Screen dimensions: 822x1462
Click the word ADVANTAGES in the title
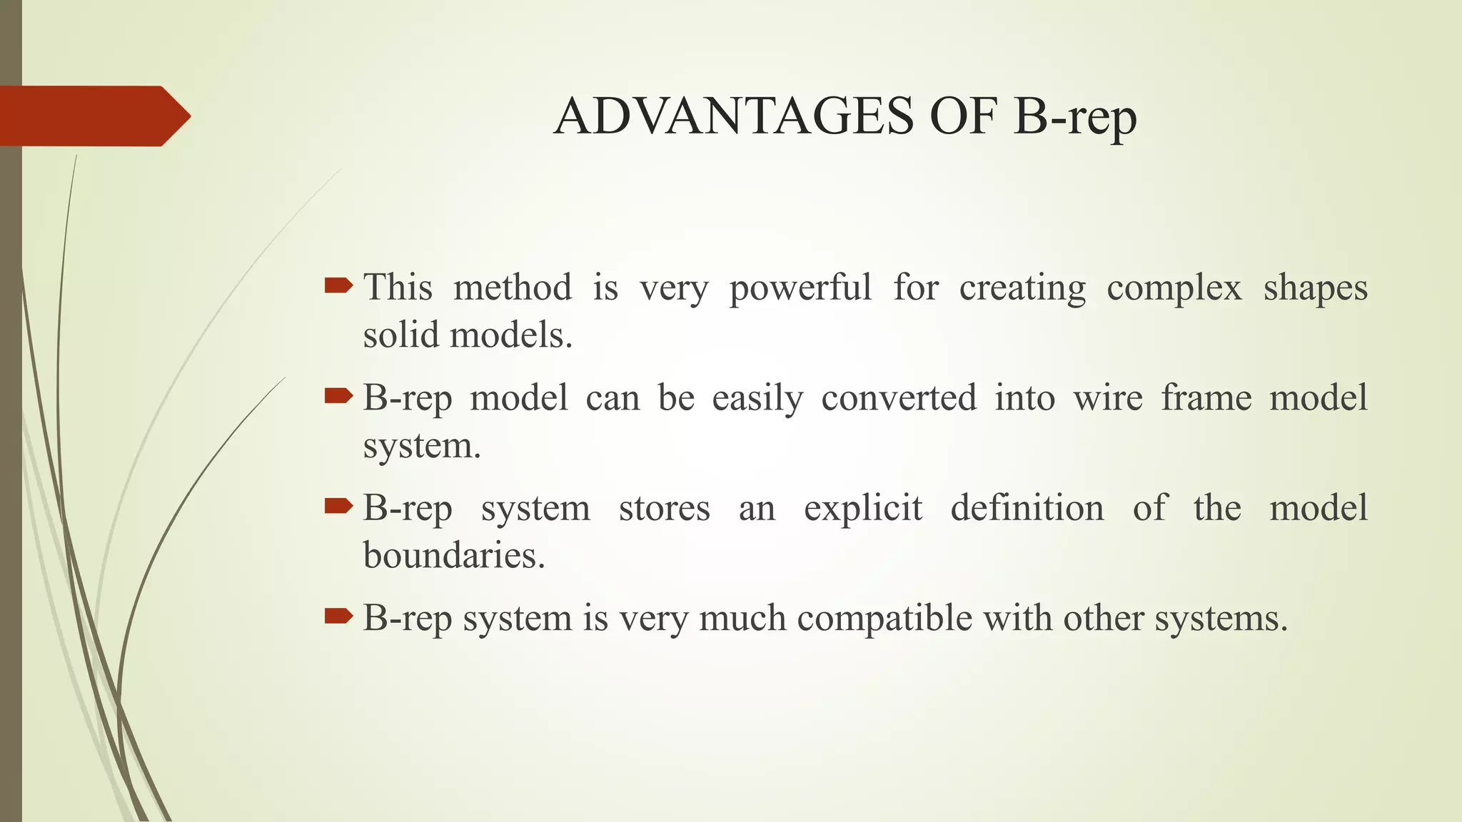[733, 116]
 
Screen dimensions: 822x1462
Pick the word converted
[898, 397]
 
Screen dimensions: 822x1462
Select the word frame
[1206, 397]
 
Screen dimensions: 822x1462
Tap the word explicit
[862, 509]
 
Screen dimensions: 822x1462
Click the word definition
[1027, 508]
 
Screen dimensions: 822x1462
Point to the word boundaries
[453, 555]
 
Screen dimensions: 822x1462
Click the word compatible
[884, 618]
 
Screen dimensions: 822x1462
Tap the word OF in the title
[962, 116]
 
